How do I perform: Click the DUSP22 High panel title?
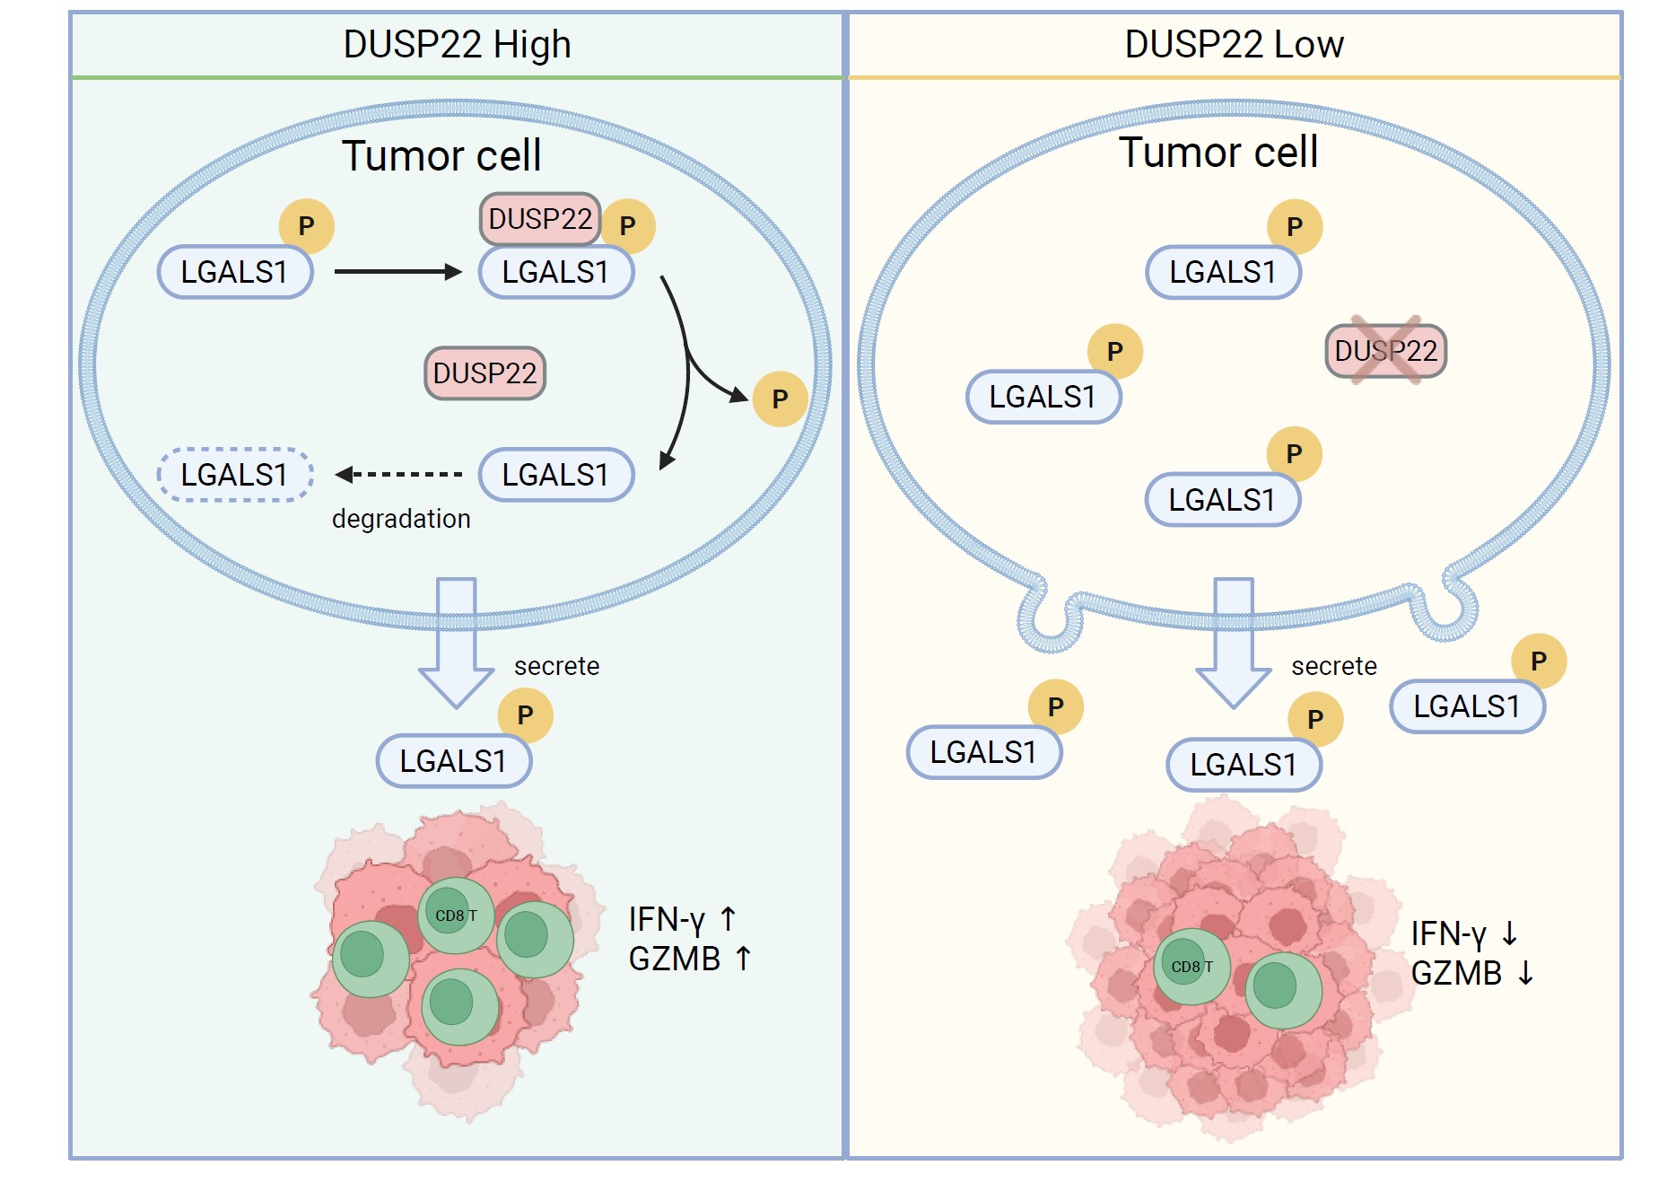click(457, 44)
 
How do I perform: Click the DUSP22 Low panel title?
click(1234, 44)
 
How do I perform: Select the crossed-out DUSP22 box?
click(1385, 351)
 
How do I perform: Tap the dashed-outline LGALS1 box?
click(235, 475)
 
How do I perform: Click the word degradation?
click(401, 519)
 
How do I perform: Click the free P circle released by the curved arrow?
click(780, 399)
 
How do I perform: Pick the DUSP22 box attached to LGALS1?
click(540, 219)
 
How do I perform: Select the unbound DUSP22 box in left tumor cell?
click(484, 373)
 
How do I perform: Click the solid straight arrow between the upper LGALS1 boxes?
click(397, 272)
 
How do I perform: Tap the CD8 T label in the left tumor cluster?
click(456, 916)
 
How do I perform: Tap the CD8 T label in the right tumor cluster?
click(1192, 967)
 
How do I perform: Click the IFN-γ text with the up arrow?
click(682, 920)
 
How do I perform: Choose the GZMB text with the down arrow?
click(1472, 974)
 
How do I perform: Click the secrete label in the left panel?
click(556, 666)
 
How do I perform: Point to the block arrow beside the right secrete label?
click(1234, 642)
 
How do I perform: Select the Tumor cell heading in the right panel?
click(1218, 153)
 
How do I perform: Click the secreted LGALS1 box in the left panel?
click(454, 761)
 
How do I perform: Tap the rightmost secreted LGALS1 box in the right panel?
click(1467, 707)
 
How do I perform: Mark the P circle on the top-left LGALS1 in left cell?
click(306, 226)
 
